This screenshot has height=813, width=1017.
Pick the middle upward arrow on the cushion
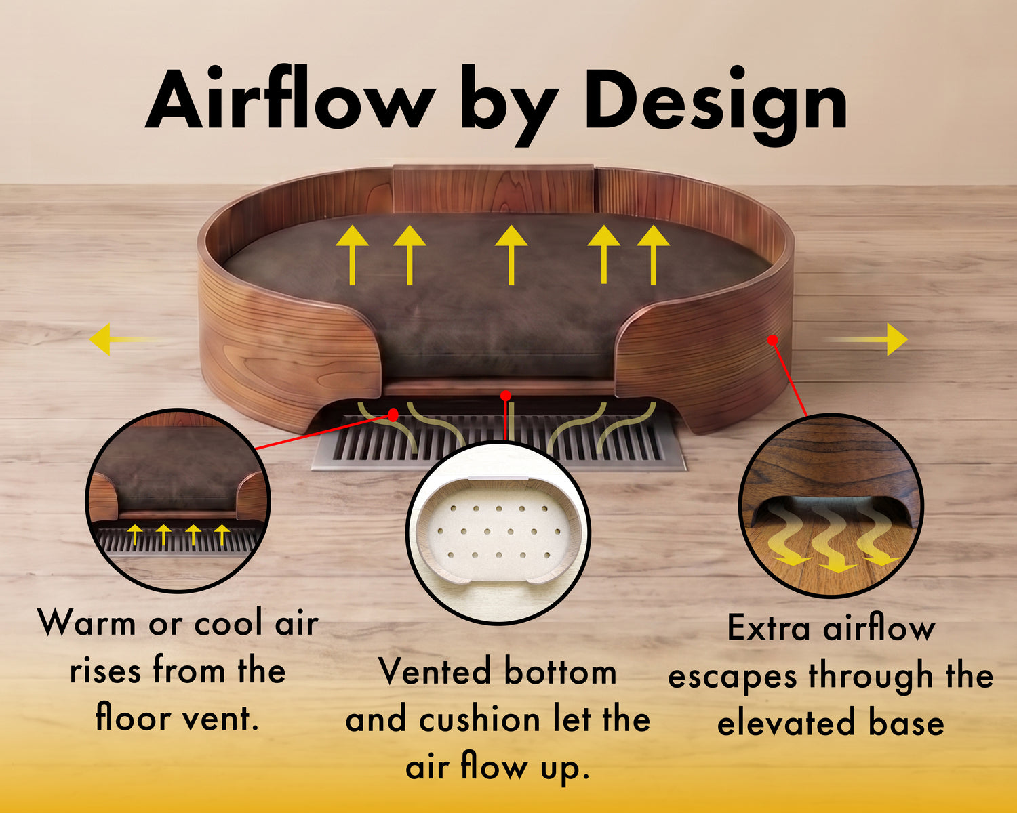point(511,255)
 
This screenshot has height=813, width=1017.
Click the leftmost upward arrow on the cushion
point(352,255)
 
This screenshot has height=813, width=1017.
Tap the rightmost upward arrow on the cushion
point(653,255)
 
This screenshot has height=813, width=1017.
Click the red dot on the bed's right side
point(773,339)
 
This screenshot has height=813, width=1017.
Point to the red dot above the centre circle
point(506,396)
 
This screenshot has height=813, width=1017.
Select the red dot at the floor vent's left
point(393,415)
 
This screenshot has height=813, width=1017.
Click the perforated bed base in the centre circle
point(498,532)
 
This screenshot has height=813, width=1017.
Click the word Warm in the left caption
point(87,623)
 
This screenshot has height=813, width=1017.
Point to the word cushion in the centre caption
point(479,720)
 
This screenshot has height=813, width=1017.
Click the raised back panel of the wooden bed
point(493,188)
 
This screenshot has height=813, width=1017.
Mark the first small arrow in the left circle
point(135,535)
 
